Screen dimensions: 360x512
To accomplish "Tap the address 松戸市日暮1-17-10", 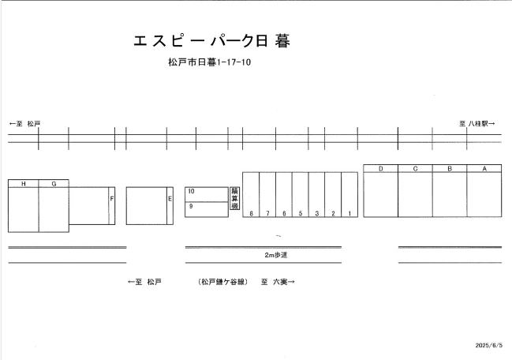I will tap(209, 62).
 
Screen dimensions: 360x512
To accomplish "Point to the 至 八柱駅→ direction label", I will tap(477, 124).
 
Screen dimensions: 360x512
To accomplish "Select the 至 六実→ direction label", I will tap(277, 281).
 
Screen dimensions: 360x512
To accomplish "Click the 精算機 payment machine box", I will tap(234, 198).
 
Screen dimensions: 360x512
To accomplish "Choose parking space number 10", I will tap(191, 191).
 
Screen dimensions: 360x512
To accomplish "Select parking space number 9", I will tap(191, 206).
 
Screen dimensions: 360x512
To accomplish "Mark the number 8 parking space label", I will tap(251, 213).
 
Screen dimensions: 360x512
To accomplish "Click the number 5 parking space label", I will tap(300, 213).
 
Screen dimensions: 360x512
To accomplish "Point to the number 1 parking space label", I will tap(349, 213).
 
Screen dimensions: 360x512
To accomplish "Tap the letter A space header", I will tap(484, 169).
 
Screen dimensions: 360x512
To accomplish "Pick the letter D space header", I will tap(380, 169).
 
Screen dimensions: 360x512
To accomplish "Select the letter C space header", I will tap(415, 169).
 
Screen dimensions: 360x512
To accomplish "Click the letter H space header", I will tap(24, 184).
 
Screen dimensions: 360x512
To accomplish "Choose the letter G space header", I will tap(54, 184).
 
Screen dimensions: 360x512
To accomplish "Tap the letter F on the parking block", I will tap(111, 199).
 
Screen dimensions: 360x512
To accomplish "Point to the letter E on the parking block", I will tap(169, 199).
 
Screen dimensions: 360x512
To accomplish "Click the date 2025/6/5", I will tap(489, 345).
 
